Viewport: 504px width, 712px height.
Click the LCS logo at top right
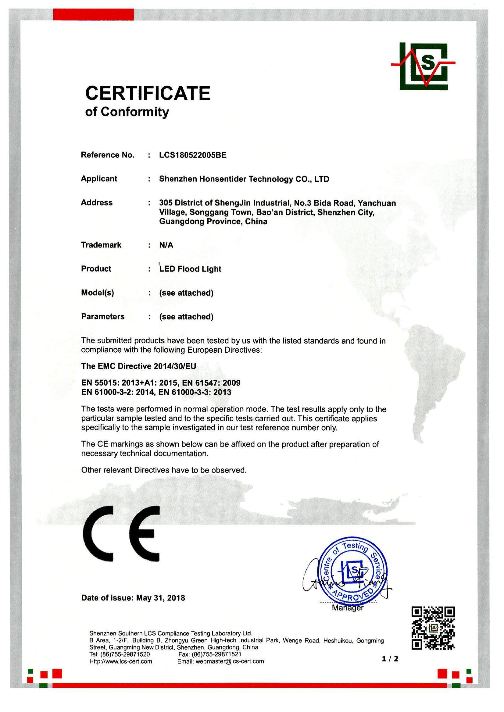[x=424, y=66]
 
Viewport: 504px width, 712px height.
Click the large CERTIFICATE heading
[x=148, y=93]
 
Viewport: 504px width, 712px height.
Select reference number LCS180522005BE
[x=193, y=155]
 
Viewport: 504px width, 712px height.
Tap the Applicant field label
[x=99, y=179]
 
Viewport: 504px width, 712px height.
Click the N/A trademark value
[x=166, y=245]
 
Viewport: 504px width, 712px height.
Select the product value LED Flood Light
[x=190, y=269]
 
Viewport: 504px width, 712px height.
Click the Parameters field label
[x=103, y=316]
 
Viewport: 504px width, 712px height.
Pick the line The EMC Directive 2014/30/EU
[x=138, y=366]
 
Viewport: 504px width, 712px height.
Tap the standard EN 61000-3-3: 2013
[x=195, y=392]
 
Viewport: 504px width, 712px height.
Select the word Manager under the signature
[x=348, y=608]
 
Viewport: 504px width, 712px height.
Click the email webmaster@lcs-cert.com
[x=229, y=661]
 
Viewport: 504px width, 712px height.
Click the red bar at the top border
[x=93, y=15]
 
